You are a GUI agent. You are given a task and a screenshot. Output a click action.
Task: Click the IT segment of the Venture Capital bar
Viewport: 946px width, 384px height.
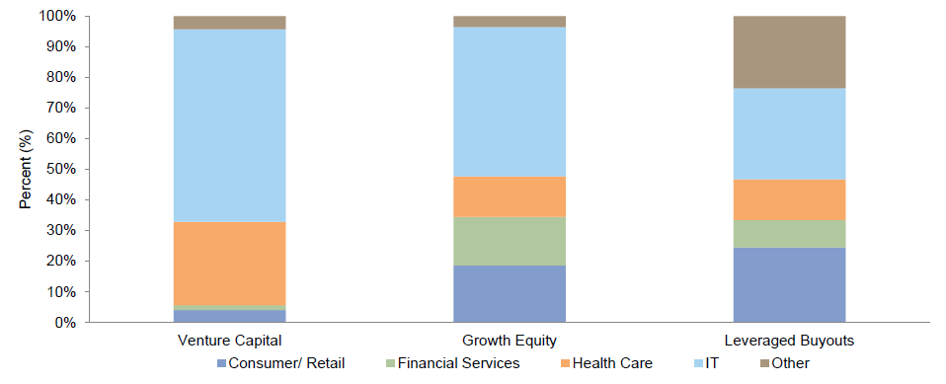[x=229, y=125]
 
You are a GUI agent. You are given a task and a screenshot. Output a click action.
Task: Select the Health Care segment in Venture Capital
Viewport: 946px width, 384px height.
[x=229, y=264]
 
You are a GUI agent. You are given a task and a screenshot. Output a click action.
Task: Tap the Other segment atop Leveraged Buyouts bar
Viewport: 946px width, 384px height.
[x=789, y=52]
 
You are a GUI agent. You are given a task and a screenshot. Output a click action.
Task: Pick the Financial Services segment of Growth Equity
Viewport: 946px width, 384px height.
[x=510, y=241]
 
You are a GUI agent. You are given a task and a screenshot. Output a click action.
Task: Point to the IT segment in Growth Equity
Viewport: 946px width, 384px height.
[x=510, y=102]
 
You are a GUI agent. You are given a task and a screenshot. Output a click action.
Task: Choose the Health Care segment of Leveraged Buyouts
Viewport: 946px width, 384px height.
[x=789, y=199]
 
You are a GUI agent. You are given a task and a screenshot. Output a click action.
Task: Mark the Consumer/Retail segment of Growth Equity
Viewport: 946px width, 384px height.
[x=510, y=293]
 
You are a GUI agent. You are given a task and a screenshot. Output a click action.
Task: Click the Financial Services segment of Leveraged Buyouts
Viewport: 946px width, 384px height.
[x=789, y=234]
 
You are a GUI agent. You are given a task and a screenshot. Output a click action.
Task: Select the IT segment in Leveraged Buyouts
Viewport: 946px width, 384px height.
[x=789, y=133]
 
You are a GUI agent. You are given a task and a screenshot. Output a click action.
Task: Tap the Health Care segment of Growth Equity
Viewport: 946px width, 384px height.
[x=510, y=196]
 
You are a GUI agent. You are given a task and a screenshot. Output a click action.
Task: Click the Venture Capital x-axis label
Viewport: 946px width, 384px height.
[x=229, y=341]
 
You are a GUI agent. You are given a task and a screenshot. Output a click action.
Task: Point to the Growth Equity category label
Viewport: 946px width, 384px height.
[x=510, y=341]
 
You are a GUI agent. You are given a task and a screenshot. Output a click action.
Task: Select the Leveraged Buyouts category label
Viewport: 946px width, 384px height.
[x=789, y=341]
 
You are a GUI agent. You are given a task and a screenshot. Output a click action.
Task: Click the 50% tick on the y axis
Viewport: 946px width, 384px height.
[x=60, y=169]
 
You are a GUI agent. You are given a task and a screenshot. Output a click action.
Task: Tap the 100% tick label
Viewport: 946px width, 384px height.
[x=56, y=17]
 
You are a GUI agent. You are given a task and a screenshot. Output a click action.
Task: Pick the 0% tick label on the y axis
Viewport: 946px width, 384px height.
[x=64, y=323]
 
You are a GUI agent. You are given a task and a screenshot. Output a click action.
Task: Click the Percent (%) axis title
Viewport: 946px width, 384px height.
[x=26, y=170]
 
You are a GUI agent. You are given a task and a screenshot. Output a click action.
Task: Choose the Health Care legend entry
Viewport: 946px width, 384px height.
[x=610, y=363]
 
